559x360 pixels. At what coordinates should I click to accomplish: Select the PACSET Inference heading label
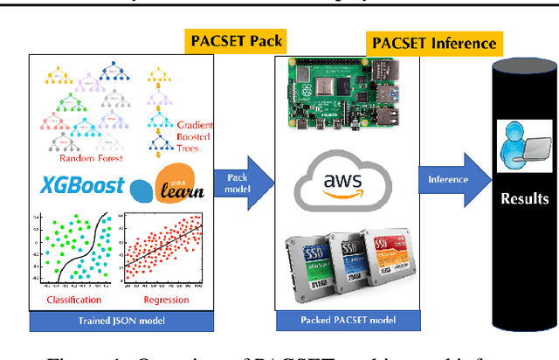point(434,42)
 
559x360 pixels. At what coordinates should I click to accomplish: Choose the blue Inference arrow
point(450,182)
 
